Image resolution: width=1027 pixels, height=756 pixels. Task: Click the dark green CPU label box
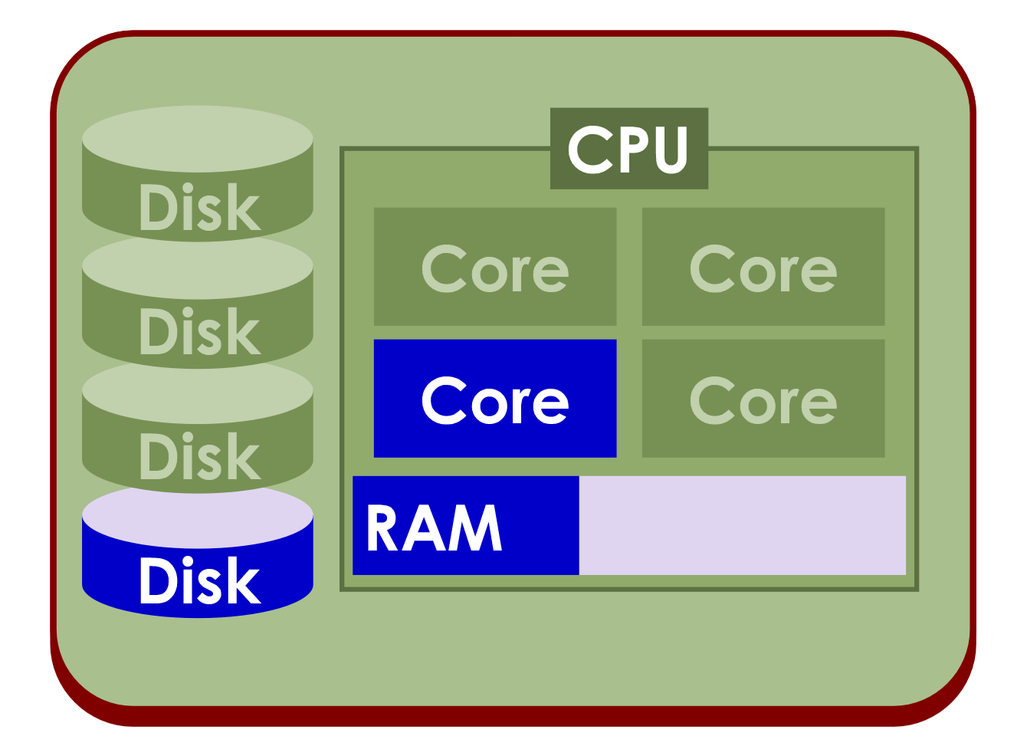click(x=628, y=148)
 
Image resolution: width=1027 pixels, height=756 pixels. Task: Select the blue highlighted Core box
click(x=495, y=399)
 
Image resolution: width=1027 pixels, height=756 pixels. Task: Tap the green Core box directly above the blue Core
click(x=495, y=267)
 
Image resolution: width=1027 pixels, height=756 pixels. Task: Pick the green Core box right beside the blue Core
click(x=763, y=399)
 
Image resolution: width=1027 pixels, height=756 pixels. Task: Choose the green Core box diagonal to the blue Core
click(x=763, y=267)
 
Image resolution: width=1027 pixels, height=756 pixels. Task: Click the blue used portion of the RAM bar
click(x=465, y=526)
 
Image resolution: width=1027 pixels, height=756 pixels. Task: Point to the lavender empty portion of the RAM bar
click(x=742, y=526)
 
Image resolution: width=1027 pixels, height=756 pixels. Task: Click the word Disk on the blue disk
click(x=199, y=581)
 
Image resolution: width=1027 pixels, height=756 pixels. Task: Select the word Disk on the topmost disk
click(x=199, y=208)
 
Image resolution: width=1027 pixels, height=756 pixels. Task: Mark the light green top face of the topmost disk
click(x=198, y=139)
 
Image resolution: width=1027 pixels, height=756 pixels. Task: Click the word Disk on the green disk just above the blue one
click(x=199, y=457)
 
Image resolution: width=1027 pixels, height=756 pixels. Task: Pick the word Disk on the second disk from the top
click(x=199, y=333)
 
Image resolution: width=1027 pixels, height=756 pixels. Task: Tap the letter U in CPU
click(x=671, y=150)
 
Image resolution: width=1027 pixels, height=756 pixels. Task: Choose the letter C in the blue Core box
click(x=445, y=400)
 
